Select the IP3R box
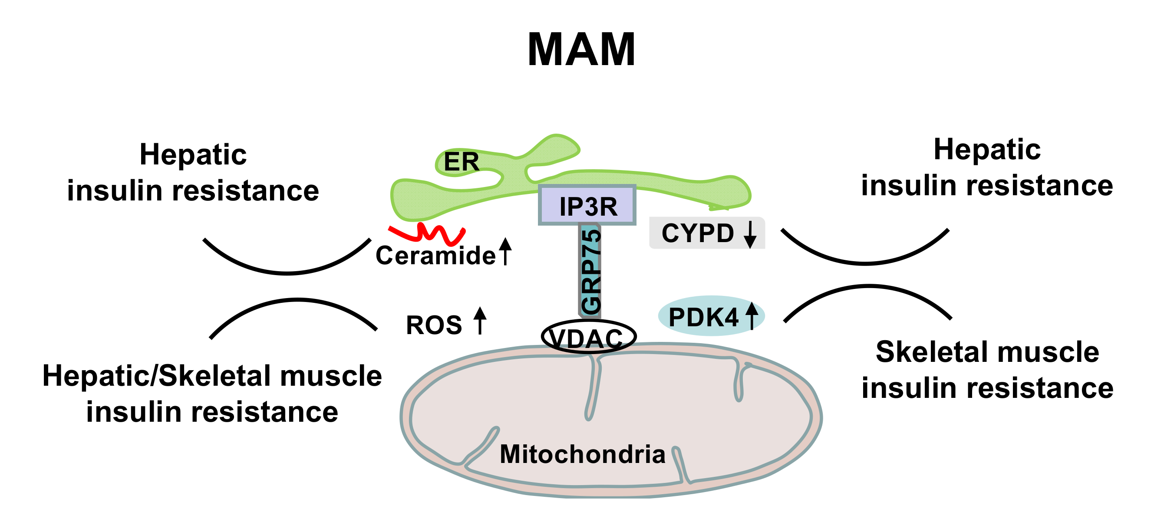coord(587,205)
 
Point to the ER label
coord(461,161)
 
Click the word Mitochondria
coord(582,454)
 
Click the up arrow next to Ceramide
coord(505,251)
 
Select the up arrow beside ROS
coord(480,321)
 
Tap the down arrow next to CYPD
coord(750,234)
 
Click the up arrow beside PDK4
coord(752,315)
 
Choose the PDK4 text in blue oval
coord(703,318)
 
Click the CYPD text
coord(697,233)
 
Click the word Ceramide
coord(435,256)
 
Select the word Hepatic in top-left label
coord(193,154)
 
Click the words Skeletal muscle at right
coord(987,352)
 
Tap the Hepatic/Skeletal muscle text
coord(212,375)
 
